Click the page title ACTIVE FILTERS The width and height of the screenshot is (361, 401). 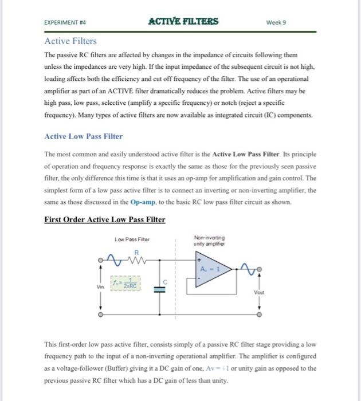[x=183, y=22]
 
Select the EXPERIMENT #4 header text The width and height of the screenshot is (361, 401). [x=69, y=23]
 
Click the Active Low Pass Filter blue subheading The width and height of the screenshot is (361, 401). [x=83, y=136]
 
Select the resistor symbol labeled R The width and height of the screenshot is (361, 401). [x=136, y=261]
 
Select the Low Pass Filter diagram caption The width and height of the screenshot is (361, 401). [x=132, y=239]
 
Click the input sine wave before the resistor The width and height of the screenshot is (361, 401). [x=117, y=261]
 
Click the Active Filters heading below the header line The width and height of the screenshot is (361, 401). [x=70, y=41]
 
